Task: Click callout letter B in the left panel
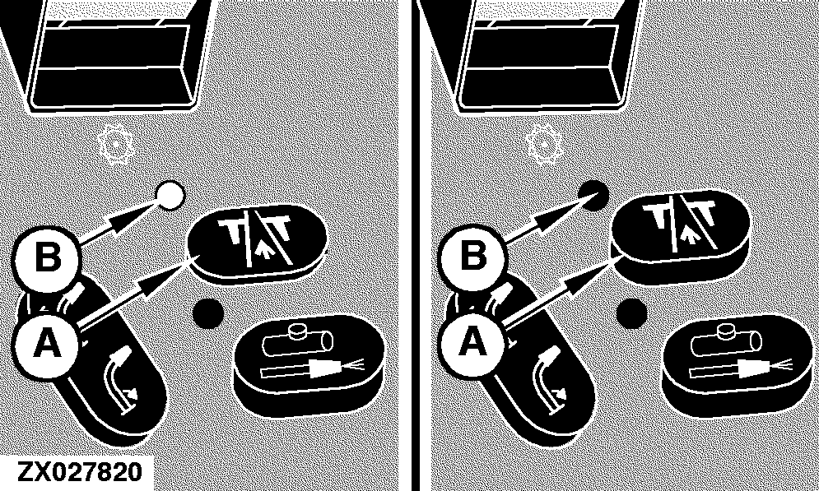(x=48, y=257)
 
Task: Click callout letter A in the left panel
(x=48, y=344)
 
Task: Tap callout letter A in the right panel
(x=472, y=344)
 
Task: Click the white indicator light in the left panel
(x=171, y=195)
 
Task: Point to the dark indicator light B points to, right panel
(x=594, y=195)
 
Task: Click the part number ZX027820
(x=80, y=471)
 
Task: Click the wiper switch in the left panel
(x=257, y=243)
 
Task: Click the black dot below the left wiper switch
(x=208, y=313)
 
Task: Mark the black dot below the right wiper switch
(x=631, y=313)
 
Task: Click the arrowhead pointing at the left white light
(x=137, y=212)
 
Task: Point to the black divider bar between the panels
(x=415, y=245)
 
